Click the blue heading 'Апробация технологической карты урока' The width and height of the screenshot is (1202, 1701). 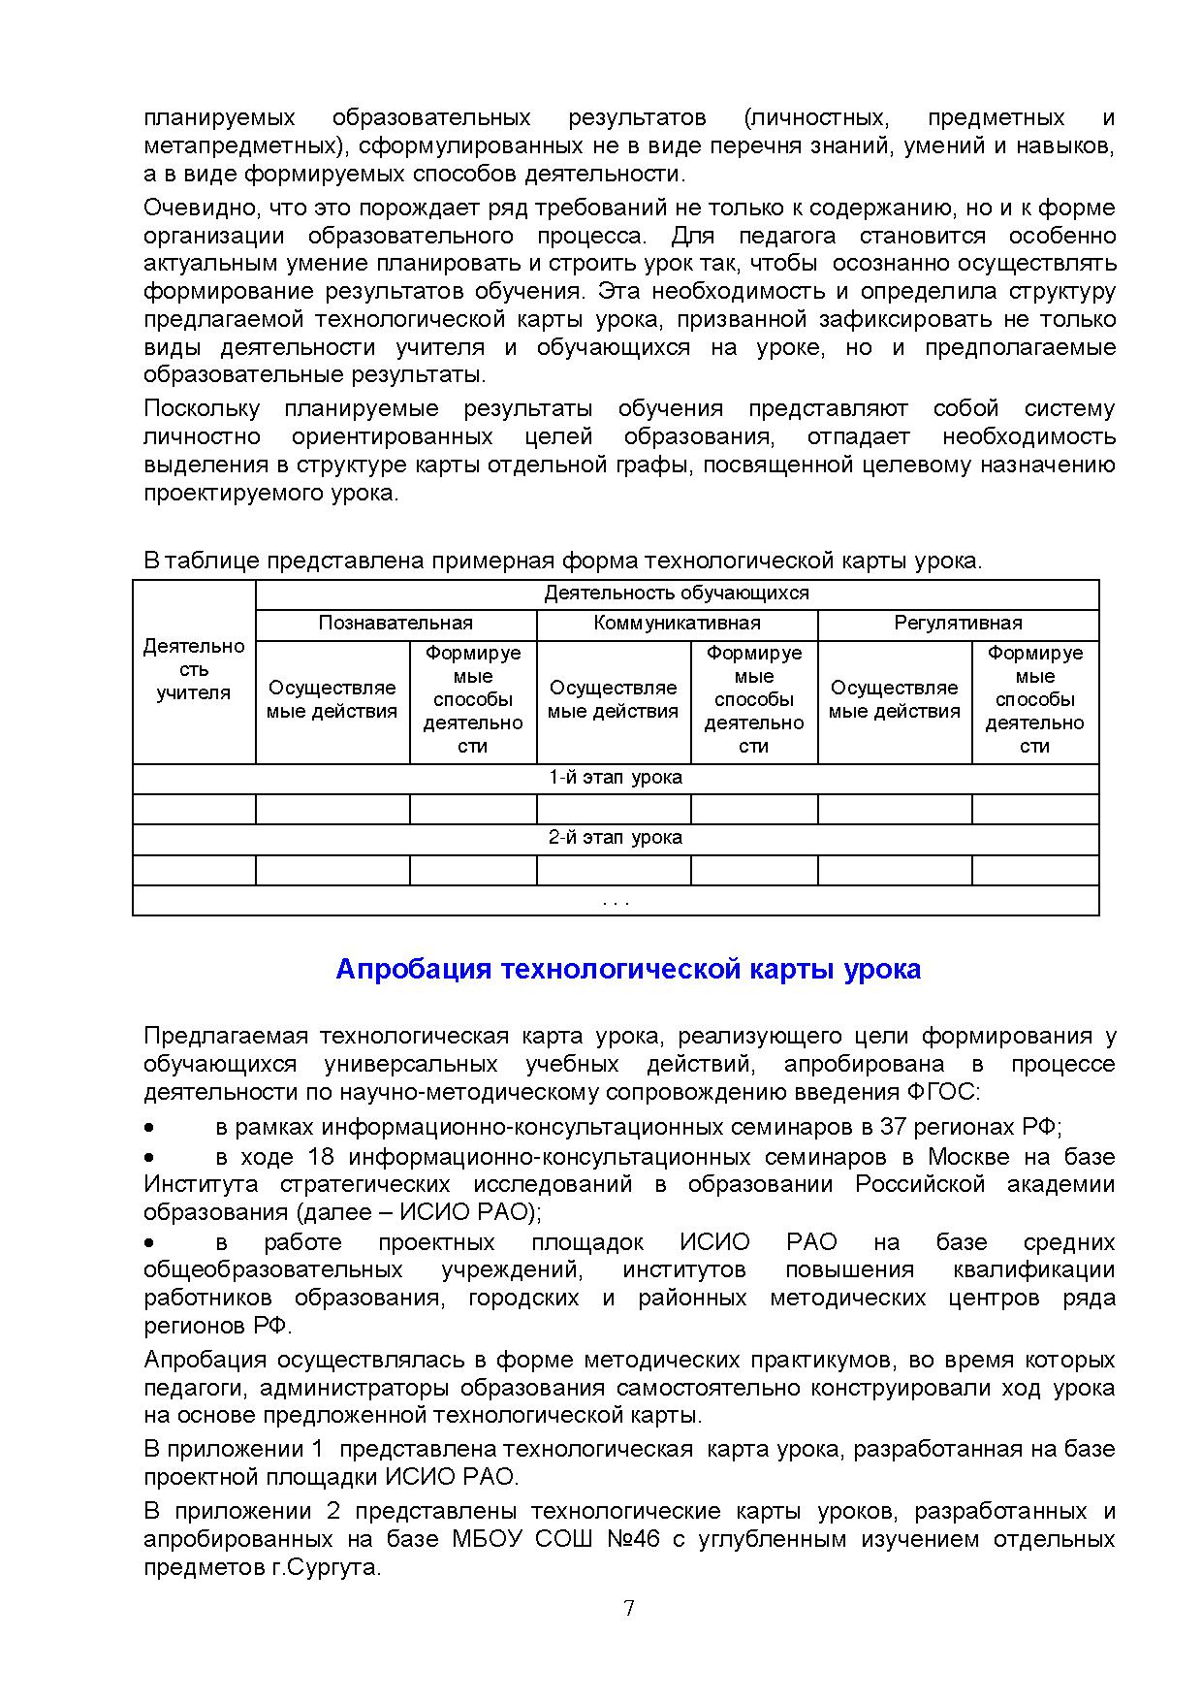pos(628,969)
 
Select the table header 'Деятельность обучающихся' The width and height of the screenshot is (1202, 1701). pos(677,594)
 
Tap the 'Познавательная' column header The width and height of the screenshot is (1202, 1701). pos(395,624)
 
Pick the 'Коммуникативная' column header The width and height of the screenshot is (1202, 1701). pos(677,624)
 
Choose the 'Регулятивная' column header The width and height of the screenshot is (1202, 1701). pos(958,624)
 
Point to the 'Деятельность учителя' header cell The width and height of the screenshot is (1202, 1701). pos(194,669)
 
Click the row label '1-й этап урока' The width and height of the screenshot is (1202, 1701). pos(616,778)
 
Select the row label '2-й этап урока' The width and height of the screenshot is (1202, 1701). pos(616,838)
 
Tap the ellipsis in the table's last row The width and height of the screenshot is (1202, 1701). pos(616,901)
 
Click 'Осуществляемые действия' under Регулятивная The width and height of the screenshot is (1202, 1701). pos(894,699)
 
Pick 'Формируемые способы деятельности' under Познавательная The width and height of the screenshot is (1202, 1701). pos(473,699)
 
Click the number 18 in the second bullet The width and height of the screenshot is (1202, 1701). pos(321,1157)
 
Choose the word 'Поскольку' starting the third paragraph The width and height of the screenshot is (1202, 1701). pos(202,408)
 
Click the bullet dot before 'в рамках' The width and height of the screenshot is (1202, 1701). pos(149,1129)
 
